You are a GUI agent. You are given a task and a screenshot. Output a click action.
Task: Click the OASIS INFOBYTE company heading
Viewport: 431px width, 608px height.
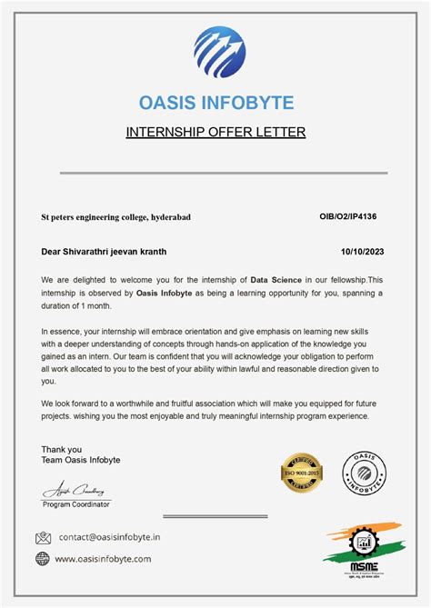215,102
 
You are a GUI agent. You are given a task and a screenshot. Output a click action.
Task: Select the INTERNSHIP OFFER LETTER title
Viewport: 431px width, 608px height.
215,133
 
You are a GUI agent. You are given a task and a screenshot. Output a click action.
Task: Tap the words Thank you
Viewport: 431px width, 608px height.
61,449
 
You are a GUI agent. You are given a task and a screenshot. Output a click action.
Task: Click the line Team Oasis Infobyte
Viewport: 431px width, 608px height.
80,461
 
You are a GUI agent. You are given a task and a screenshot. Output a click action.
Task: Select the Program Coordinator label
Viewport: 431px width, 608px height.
76,503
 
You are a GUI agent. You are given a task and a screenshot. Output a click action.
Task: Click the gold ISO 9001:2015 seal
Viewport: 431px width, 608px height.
301,473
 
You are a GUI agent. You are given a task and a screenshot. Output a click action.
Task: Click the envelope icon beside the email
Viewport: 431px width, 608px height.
43,538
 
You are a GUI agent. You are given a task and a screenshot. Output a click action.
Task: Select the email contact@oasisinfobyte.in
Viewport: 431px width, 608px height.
109,538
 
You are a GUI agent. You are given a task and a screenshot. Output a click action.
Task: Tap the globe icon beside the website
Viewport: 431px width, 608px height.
43,559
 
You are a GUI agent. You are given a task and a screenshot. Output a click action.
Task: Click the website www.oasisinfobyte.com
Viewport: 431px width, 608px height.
103,559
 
